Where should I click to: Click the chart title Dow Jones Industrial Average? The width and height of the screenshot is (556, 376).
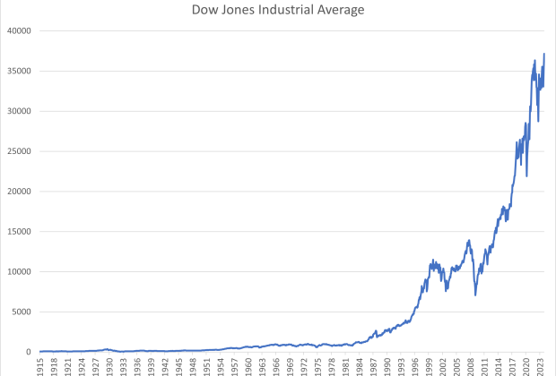(278, 11)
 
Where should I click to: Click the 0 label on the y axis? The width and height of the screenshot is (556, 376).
(30, 352)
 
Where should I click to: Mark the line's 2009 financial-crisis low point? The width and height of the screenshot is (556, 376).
(475, 295)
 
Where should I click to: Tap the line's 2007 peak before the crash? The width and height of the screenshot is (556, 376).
(468, 240)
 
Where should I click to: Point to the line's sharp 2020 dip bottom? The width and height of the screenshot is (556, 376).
(526, 175)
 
